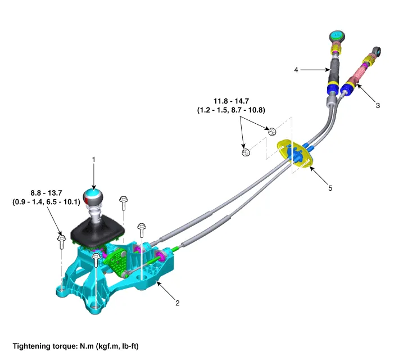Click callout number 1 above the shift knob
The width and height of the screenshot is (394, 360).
point(94,159)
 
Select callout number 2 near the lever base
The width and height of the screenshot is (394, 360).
point(178,303)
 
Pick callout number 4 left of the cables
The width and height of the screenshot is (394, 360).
point(296,70)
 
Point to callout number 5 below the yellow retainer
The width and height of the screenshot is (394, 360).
point(330,188)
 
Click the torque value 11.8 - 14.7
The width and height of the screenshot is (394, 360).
point(230,102)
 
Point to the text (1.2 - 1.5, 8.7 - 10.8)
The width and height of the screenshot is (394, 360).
point(230,111)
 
